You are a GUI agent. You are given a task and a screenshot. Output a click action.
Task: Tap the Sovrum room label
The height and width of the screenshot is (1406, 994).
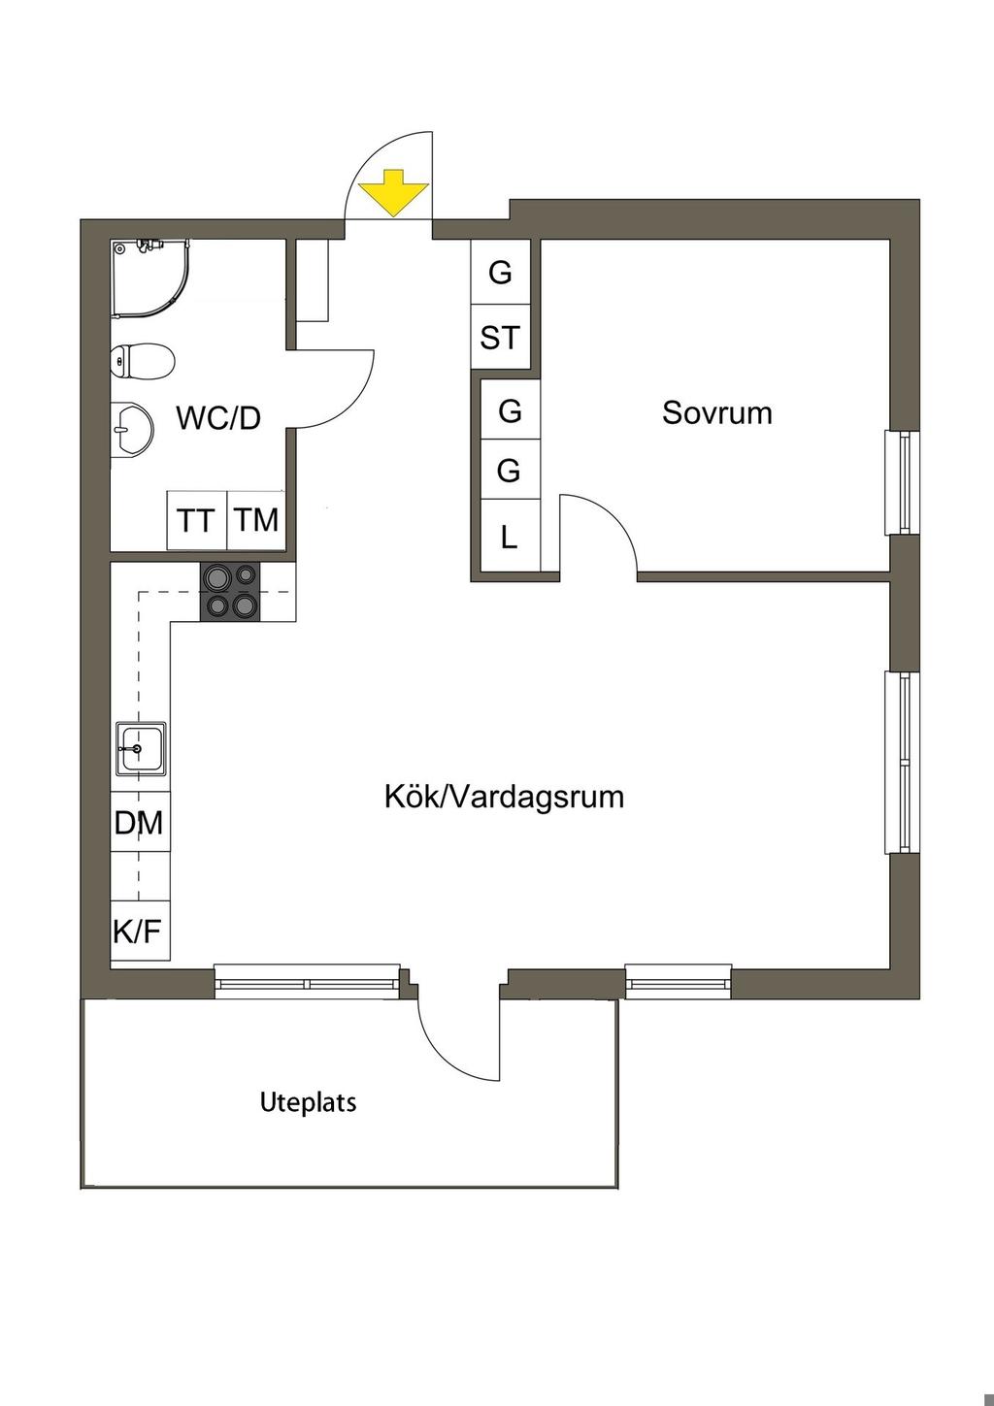717,413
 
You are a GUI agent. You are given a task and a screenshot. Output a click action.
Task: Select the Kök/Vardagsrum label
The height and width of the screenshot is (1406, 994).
504,798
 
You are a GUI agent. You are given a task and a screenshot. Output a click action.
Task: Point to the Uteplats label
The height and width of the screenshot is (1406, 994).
308,1102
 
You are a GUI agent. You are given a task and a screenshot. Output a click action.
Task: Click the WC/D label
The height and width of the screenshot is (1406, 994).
218,418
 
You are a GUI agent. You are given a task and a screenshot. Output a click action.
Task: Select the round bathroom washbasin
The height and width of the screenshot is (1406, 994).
132,428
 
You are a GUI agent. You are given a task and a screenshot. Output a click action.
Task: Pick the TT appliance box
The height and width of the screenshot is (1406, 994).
196,521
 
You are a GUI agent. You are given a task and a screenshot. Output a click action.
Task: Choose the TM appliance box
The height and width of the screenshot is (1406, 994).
257,520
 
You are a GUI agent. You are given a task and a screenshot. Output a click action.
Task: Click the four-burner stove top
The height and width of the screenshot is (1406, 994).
230,592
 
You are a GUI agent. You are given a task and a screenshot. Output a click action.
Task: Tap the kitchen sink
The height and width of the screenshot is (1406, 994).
141,748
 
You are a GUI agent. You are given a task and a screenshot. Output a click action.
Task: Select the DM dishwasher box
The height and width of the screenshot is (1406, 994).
139,824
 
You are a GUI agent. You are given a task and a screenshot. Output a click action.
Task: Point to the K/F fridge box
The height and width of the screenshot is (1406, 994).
138,932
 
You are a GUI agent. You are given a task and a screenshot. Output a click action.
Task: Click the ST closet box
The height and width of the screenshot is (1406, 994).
500,338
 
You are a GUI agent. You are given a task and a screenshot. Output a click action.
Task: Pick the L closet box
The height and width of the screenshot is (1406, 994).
510,537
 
